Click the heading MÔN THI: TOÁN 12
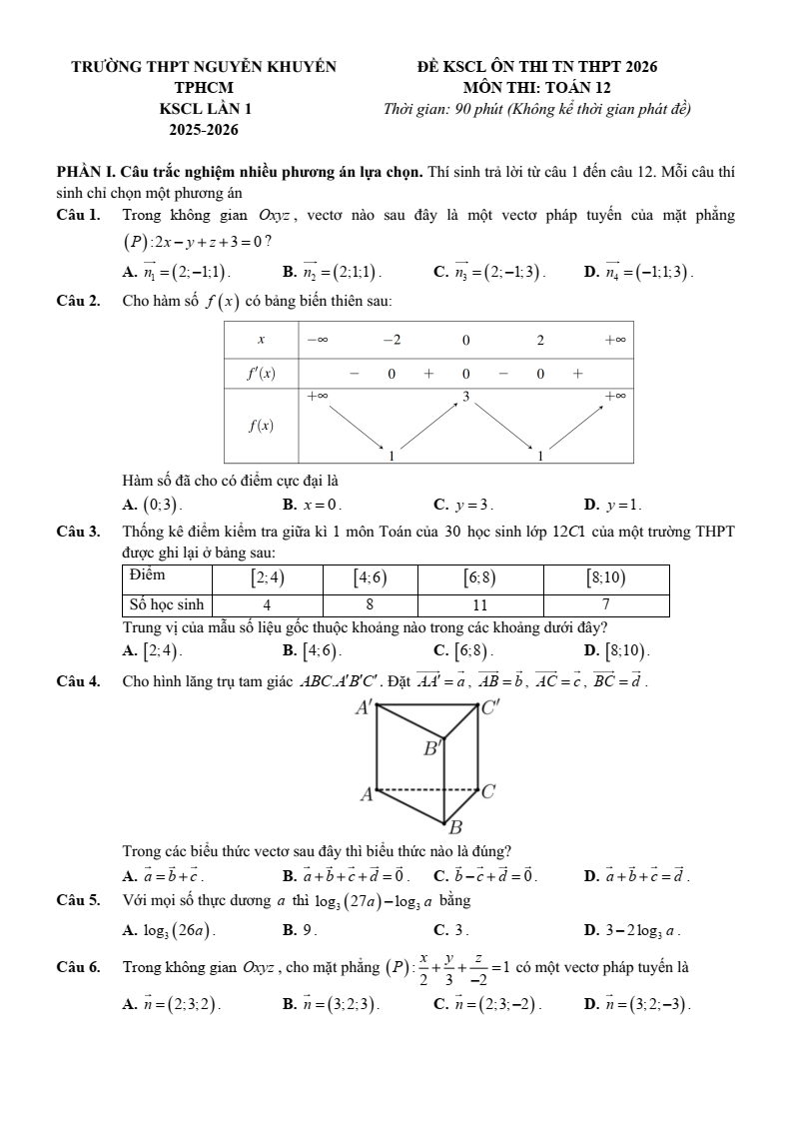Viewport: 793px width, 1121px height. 536,88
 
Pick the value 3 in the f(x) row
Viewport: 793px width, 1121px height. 465,399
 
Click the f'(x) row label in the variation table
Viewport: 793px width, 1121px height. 261,374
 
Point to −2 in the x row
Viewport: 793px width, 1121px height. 392,340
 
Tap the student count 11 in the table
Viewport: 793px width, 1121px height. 479,604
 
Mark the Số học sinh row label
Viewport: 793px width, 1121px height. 165,604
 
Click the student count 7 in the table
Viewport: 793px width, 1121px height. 605,604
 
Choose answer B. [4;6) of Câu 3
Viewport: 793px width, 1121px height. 313,651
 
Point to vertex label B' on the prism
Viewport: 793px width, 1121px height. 430,748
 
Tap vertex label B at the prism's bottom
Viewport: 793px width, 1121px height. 455,828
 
